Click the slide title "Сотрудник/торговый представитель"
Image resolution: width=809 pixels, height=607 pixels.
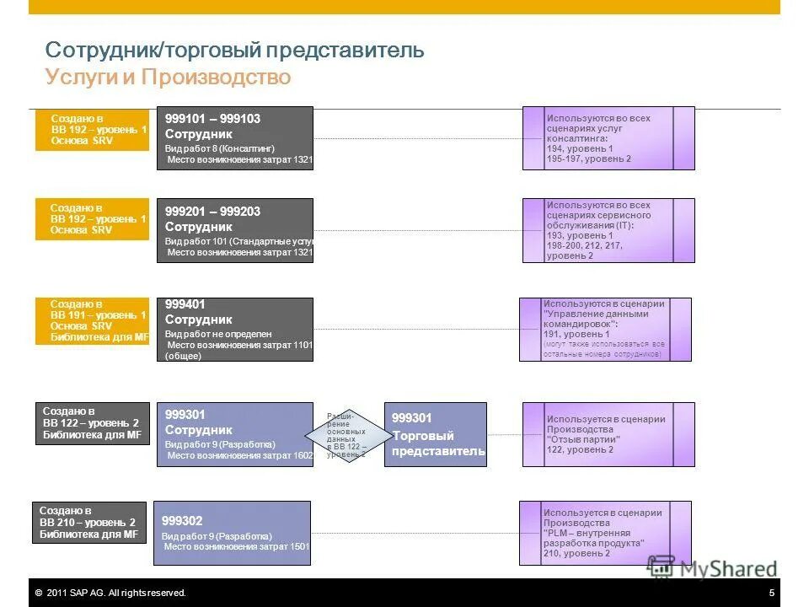(x=234, y=50)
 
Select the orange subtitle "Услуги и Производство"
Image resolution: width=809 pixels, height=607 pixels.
(x=168, y=78)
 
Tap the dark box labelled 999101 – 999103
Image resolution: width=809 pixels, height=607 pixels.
(x=234, y=138)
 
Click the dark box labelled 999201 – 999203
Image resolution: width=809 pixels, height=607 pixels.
(x=234, y=230)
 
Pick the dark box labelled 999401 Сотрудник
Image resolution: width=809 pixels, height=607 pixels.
(x=234, y=330)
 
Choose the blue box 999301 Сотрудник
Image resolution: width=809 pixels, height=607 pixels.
(x=234, y=434)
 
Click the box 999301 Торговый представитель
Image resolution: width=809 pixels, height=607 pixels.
(x=436, y=434)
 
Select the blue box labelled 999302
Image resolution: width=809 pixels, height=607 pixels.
(x=232, y=533)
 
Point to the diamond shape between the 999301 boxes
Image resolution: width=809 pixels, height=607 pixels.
(x=346, y=434)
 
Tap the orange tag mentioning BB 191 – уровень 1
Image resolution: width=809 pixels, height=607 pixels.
(x=93, y=320)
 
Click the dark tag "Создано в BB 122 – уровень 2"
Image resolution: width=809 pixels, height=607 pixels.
(x=93, y=423)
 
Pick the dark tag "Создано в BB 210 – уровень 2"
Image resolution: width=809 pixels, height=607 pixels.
(x=89, y=523)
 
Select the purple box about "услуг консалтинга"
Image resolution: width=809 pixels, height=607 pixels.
(x=608, y=138)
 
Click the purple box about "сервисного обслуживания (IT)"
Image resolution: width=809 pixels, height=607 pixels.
(x=608, y=230)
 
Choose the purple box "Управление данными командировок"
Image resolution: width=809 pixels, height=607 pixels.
(x=605, y=330)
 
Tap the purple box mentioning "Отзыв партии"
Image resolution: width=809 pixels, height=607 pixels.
(x=608, y=434)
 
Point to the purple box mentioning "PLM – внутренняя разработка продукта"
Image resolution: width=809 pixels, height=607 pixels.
(x=605, y=533)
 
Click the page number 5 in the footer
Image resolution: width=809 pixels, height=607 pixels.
(x=772, y=594)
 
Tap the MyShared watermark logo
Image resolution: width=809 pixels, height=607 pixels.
(x=713, y=569)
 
